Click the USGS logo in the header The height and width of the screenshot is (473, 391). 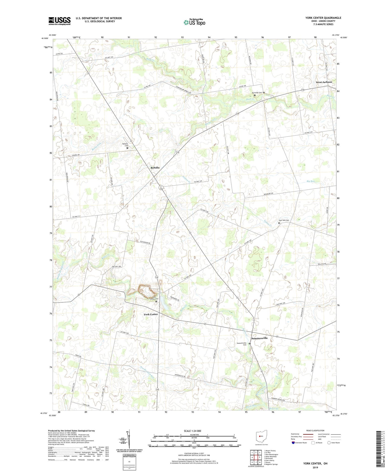(60, 21)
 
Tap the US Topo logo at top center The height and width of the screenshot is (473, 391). (194, 22)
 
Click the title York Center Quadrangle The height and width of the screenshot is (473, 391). (323, 18)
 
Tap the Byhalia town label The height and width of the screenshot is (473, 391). (155, 168)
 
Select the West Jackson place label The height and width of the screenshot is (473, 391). (324, 82)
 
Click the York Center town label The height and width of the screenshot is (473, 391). (151, 314)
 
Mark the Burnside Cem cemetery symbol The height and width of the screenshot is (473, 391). (255, 95)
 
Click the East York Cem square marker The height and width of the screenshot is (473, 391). (279, 223)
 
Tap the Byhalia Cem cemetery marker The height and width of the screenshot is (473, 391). (127, 148)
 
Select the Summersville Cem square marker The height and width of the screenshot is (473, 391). (249, 344)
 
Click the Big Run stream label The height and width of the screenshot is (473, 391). (311, 181)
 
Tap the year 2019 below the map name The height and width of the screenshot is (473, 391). (315, 468)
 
